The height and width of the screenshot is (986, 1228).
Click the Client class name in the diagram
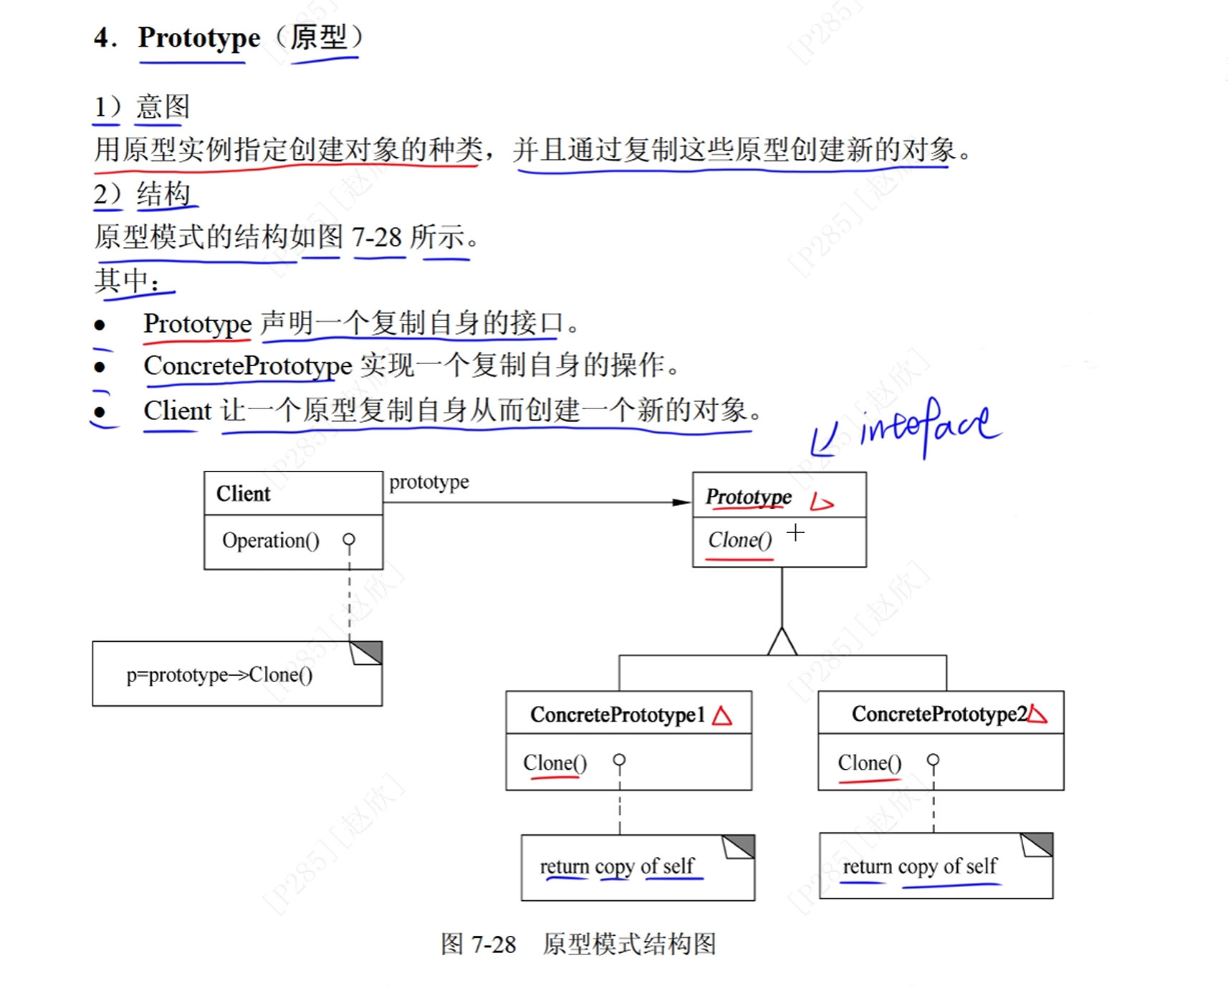pyautogui.click(x=244, y=494)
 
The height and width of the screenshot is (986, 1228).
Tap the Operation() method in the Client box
pyautogui.click(x=270, y=540)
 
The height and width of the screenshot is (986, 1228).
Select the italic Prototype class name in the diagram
pyautogui.click(x=749, y=497)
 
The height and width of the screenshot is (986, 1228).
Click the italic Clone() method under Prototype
pyautogui.click(x=740, y=540)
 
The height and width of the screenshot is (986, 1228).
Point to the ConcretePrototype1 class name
pyautogui.click(x=617, y=714)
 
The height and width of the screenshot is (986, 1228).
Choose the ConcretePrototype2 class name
pyautogui.click(x=939, y=714)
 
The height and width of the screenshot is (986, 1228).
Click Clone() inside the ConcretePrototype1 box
pyautogui.click(x=555, y=763)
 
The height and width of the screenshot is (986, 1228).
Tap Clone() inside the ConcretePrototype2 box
pyautogui.click(x=869, y=763)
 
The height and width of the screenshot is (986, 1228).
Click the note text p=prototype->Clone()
pyautogui.click(x=219, y=675)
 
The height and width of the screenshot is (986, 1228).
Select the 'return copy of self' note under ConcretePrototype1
pyautogui.click(x=617, y=866)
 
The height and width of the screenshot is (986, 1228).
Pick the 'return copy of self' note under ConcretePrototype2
pyautogui.click(x=920, y=866)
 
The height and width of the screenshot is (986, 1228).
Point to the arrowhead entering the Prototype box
pyautogui.click(x=681, y=502)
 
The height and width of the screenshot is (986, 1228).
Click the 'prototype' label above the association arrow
pyautogui.click(x=429, y=482)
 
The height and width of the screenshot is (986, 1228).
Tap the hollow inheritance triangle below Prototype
pyautogui.click(x=782, y=642)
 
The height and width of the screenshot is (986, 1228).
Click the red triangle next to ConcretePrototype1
pyautogui.click(x=722, y=716)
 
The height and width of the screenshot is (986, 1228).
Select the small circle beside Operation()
pyautogui.click(x=349, y=540)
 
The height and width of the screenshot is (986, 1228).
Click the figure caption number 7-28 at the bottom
pyautogui.click(x=494, y=944)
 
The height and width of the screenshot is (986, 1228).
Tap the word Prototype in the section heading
pyautogui.click(x=199, y=38)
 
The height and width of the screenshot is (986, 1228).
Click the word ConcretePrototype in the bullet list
pyautogui.click(x=248, y=366)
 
